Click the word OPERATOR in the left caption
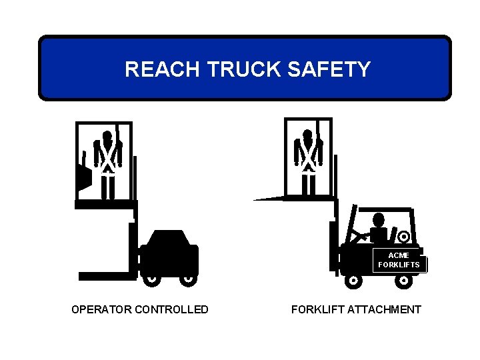(101, 309)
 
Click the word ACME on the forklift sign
(399, 255)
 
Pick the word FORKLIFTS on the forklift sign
(399, 265)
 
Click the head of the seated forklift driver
(379, 219)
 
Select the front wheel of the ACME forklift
(353, 280)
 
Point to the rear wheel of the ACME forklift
(403, 280)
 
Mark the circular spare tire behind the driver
(403, 236)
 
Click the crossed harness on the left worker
(107, 157)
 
